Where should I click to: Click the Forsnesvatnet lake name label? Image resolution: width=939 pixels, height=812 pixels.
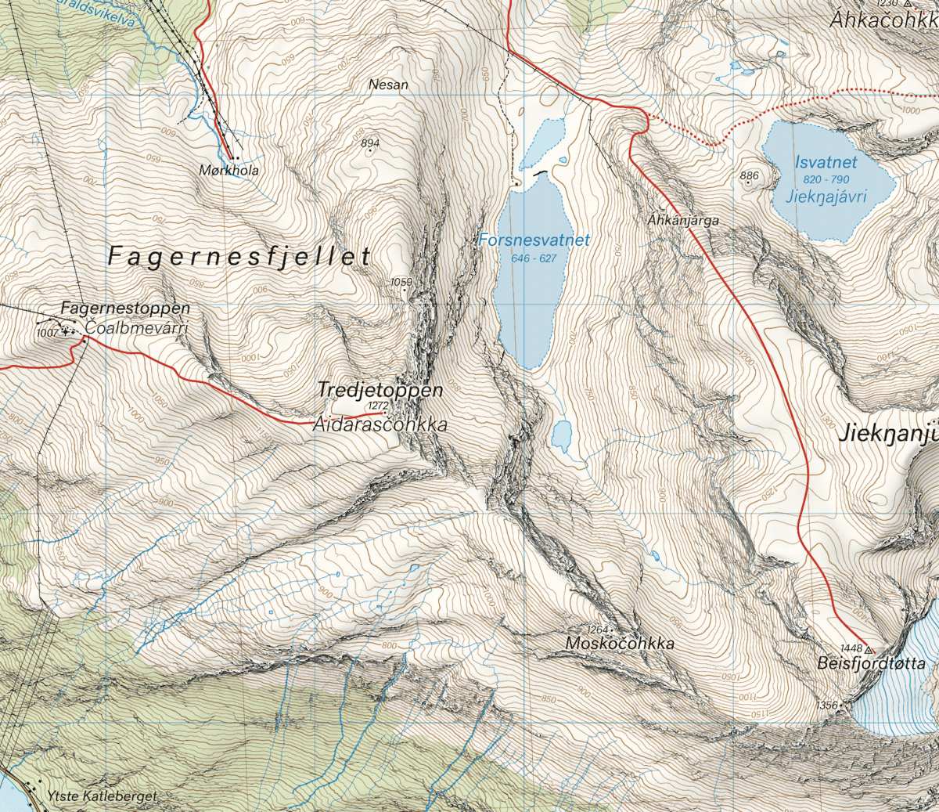[x=534, y=240]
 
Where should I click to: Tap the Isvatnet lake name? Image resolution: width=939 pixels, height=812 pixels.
[x=826, y=163]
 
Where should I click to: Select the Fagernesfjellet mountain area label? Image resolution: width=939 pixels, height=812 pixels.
[x=239, y=257]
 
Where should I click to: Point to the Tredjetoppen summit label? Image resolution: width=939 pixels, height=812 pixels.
[x=380, y=389]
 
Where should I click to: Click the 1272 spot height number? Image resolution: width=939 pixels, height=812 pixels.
[x=378, y=405]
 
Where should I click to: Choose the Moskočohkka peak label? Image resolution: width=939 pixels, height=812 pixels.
[x=620, y=644]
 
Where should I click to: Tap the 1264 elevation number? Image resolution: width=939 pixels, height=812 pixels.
[x=597, y=630]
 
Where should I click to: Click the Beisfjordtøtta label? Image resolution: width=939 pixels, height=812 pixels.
[x=871, y=664]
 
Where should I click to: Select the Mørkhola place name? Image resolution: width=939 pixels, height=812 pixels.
[x=228, y=170]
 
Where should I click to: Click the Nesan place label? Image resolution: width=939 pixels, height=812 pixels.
[x=389, y=84]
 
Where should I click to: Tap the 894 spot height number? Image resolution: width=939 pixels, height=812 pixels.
[x=370, y=143]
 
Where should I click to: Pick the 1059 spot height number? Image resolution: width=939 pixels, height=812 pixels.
[x=401, y=282]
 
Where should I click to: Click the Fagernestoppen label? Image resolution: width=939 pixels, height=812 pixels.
[x=125, y=309]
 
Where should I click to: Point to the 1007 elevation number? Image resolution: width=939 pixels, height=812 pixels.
[x=48, y=333]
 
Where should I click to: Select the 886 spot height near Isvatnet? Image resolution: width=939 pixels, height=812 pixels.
[x=749, y=175]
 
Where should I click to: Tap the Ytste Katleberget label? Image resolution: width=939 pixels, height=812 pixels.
[x=102, y=796]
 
